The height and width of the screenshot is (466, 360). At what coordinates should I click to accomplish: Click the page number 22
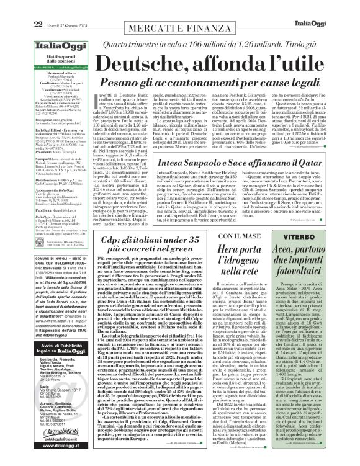point(12,6)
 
